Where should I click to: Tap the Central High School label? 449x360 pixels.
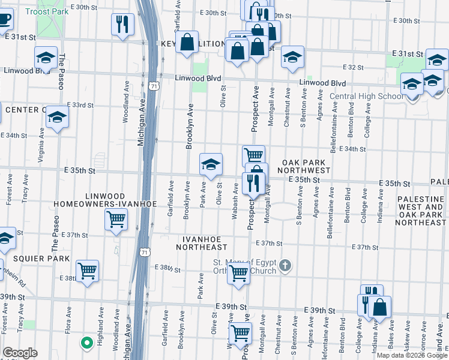pyautogui.click(x=366, y=96)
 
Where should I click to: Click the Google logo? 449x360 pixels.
pyautogui.click(x=20, y=353)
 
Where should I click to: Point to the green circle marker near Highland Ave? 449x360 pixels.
pyautogui.click(x=86, y=343)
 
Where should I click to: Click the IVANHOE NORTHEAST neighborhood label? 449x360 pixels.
pyautogui.click(x=202, y=247)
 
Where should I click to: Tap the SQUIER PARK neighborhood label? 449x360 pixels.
pyautogui.click(x=22, y=259)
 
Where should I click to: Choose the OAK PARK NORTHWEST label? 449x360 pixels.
pyautogui.click(x=306, y=167)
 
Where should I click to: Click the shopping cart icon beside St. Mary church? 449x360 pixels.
pyautogui.click(x=239, y=273)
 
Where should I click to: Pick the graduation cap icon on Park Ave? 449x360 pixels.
pyautogui.click(x=211, y=164)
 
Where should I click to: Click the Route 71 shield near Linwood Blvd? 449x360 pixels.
pyautogui.click(x=155, y=86)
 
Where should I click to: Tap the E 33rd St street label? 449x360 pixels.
pyautogui.click(x=81, y=105)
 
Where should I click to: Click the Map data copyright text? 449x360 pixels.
pyautogui.click(x=412, y=355)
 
